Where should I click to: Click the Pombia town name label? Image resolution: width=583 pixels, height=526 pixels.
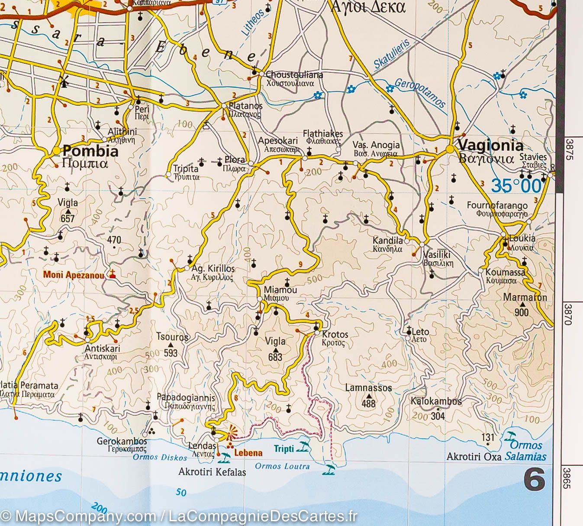(x=90, y=151)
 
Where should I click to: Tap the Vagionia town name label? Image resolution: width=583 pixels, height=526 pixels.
(x=490, y=145)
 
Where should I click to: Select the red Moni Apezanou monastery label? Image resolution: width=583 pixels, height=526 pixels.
(x=73, y=275)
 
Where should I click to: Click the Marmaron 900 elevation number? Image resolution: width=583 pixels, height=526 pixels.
(x=522, y=312)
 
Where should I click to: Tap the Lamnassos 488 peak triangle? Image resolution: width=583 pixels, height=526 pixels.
(x=368, y=396)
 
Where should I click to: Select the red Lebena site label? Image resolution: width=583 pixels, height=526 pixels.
(x=248, y=453)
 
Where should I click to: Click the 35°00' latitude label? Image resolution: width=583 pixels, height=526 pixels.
(x=516, y=186)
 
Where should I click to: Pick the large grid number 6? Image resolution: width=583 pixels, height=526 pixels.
(x=534, y=481)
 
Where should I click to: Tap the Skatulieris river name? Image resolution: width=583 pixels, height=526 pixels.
(x=391, y=54)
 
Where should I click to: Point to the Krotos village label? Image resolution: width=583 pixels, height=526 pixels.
(x=335, y=334)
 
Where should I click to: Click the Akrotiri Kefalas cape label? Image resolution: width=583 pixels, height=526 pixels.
(x=212, y=472)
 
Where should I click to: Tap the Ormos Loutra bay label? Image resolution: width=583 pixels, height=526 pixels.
(x=282, y=466)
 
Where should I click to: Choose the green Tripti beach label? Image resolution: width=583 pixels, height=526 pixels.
(x=283, y=449)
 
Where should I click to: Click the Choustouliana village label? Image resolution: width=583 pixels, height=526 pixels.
(x=294, y=75)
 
